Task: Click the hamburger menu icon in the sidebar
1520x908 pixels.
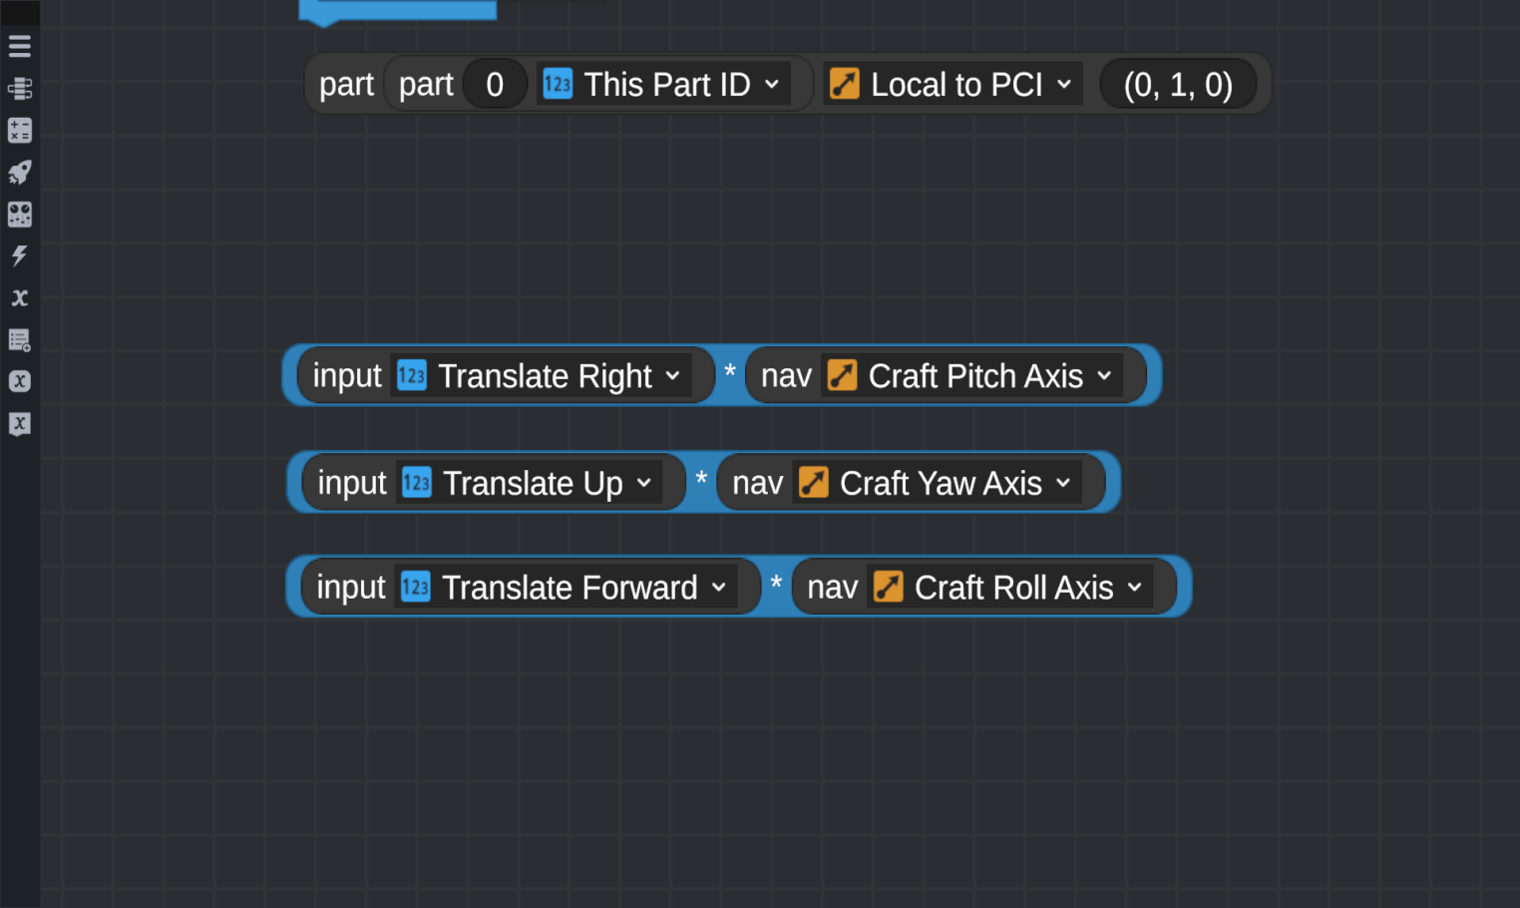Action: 20,46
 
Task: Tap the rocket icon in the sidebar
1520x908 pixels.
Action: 20,173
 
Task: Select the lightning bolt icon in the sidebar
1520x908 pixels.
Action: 20,255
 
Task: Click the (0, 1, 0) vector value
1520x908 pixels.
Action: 1178,85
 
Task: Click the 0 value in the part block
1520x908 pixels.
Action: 495,85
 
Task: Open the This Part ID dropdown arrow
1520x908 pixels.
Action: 772,84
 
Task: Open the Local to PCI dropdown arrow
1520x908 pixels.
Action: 1064,84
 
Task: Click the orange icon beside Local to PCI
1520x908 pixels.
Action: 844,84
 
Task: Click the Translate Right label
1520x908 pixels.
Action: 545,376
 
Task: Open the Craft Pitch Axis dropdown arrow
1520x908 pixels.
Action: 1105,375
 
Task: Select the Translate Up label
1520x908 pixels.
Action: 533,483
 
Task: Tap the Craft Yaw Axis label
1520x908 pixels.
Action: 941,483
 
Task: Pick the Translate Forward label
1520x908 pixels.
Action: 570,588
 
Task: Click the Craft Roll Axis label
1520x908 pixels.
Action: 1013,588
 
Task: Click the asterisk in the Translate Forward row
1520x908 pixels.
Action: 776,584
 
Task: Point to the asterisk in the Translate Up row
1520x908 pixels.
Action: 701,479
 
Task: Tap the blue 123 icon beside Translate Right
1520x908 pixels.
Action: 412,375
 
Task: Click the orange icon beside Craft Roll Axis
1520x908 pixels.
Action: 889,587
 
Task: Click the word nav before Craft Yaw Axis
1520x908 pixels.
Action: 758,483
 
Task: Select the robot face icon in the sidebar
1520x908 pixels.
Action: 20,215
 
